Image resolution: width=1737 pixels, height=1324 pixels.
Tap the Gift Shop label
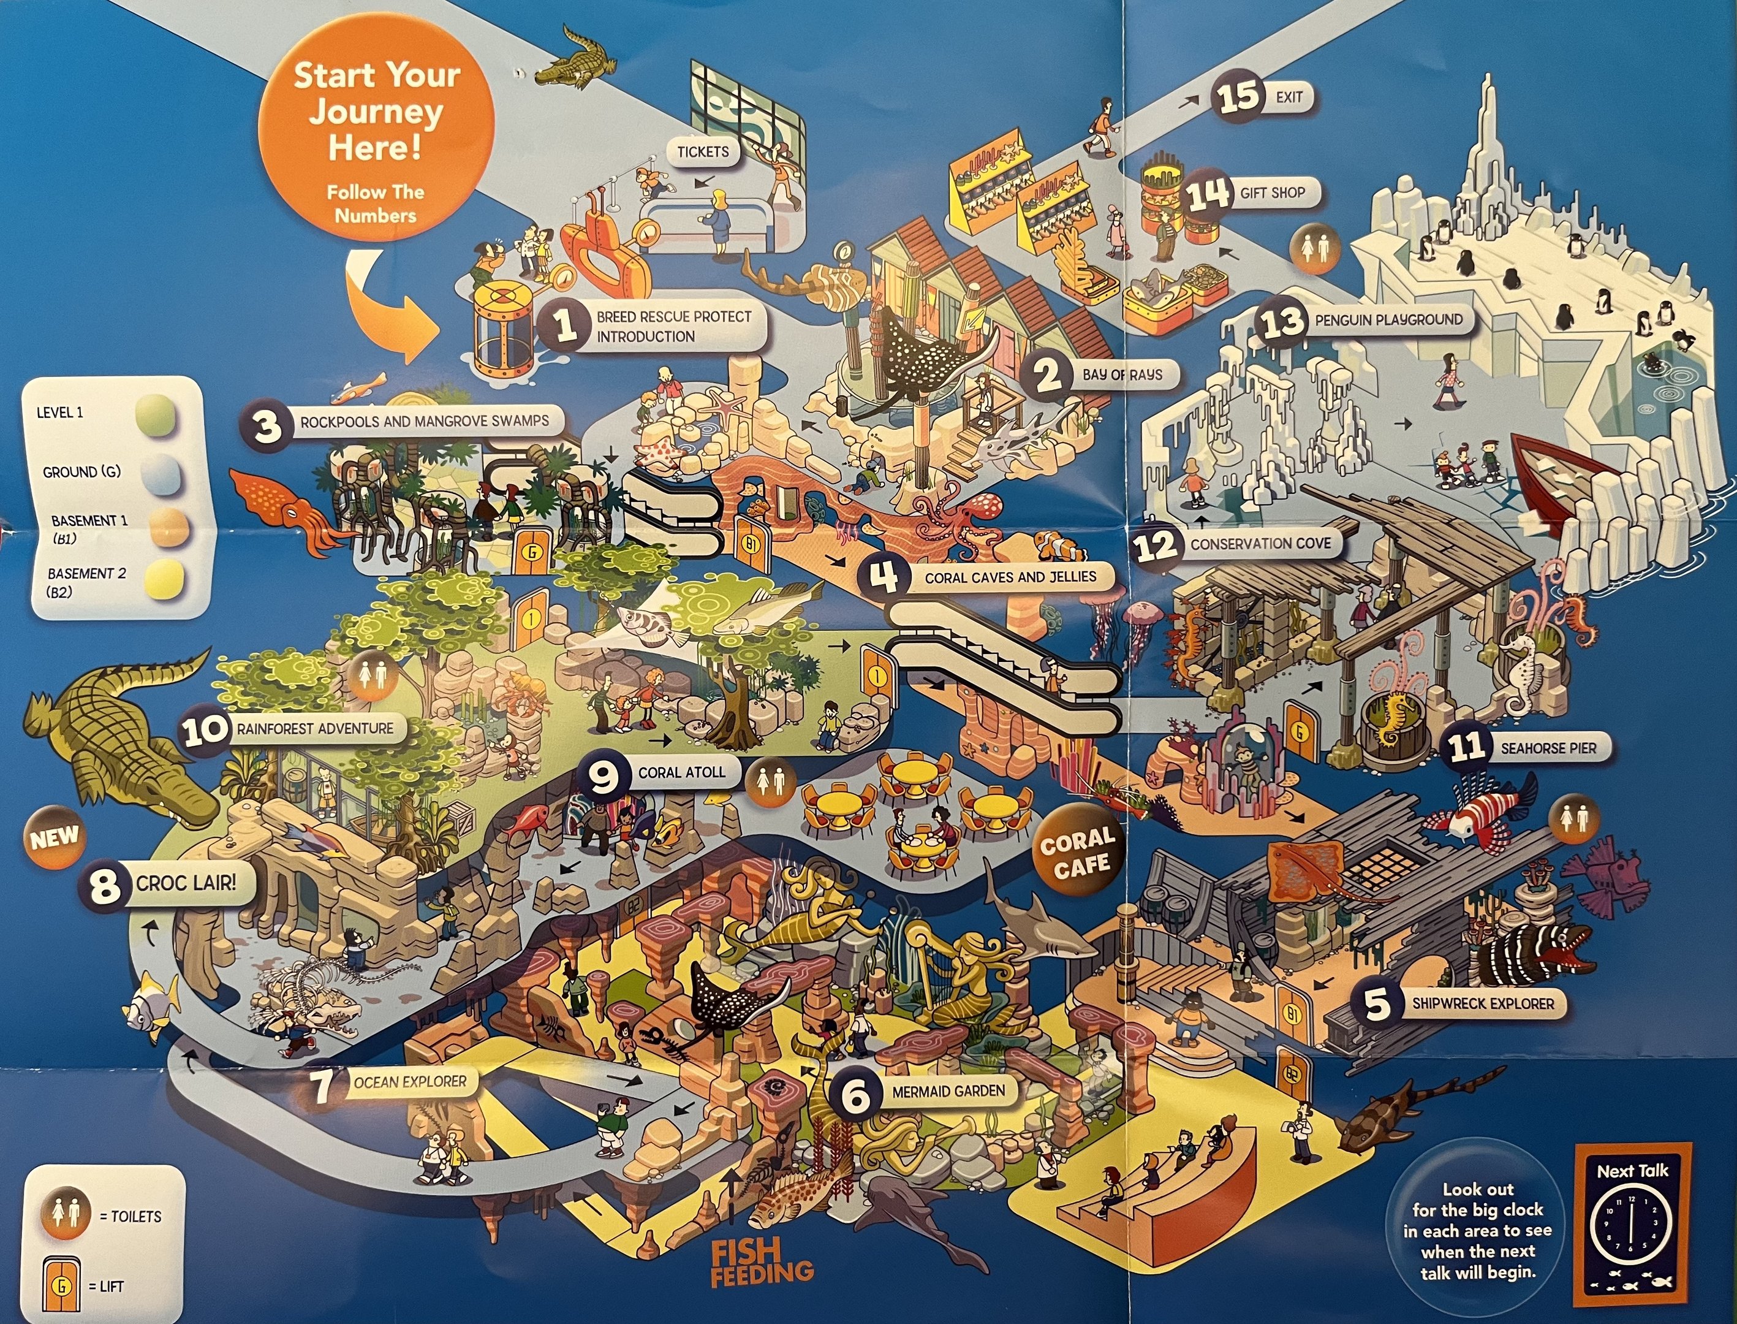1272,192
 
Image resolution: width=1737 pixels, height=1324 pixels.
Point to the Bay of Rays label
1122,375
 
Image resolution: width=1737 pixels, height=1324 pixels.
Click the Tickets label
703,152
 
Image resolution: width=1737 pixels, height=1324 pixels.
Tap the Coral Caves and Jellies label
1010,577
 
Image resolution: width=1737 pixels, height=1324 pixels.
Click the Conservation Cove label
1260,544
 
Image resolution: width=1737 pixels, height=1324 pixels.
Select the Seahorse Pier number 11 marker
1467,747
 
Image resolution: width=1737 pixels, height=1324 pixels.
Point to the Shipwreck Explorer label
1483,1003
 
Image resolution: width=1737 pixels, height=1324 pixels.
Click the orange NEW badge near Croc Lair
53,838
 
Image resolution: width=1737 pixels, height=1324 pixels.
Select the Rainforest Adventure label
314,729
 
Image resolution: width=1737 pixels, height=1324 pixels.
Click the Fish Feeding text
760,1261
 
